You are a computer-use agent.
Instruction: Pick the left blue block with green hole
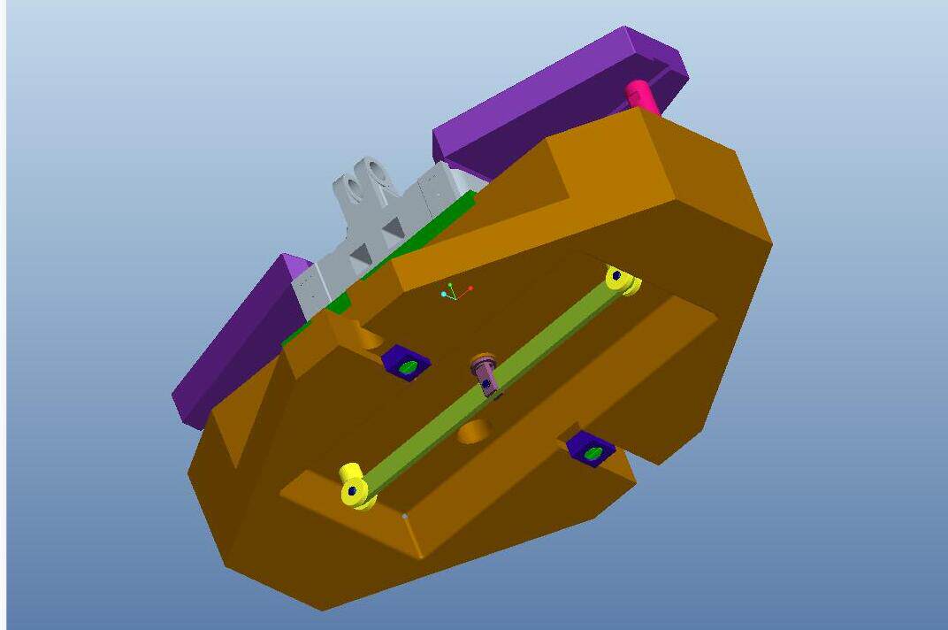pos(406,363)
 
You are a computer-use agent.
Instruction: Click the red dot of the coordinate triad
pos(470,288)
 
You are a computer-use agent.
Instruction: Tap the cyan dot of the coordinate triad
pos(443,294)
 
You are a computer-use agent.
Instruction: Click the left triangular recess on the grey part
pos(360,255)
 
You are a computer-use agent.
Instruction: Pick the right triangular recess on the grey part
pos(393,229)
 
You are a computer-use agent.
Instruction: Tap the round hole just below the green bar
pos(475,432)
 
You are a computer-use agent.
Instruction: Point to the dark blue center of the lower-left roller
pos(353,490)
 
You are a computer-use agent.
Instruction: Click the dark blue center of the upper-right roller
pos(616,276)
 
